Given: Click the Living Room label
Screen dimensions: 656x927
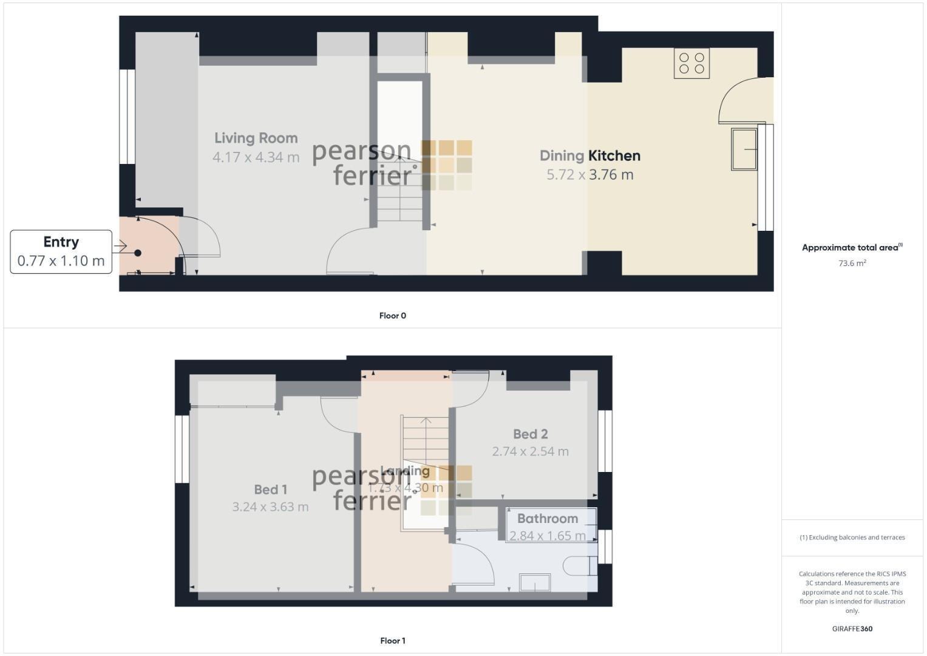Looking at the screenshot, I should click(256, 138).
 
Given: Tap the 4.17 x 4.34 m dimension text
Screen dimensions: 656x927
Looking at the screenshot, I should click(256, 157).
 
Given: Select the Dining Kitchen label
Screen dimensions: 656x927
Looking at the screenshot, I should click(589, 155).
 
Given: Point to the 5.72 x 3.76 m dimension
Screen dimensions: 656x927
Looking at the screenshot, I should click(589, 175).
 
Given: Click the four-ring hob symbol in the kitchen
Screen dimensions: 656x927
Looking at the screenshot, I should click(691, 63).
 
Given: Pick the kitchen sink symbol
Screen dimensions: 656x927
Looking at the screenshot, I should click(744, 149).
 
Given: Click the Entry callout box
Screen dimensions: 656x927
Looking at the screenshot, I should click(61, 251).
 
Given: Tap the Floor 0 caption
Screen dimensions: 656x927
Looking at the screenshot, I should click(392, 316).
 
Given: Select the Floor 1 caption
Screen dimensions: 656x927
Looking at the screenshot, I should click(392, 641).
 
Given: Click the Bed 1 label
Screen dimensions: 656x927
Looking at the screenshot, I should click(270, 490).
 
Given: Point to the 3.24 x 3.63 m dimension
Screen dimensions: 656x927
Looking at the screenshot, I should click(270, 507).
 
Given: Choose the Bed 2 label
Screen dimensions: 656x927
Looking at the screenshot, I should click(530, 434).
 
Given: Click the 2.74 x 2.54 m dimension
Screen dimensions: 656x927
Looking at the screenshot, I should click(530, 451).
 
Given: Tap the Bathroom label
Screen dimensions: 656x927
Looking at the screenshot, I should click(547, 519).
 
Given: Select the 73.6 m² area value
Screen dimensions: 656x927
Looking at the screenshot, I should click(852, 264).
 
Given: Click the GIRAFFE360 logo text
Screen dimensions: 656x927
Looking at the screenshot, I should click(852, 629).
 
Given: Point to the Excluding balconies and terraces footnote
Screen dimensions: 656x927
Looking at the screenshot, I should click(852, 538).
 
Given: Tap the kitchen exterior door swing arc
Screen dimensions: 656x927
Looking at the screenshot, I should click(738, 97).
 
